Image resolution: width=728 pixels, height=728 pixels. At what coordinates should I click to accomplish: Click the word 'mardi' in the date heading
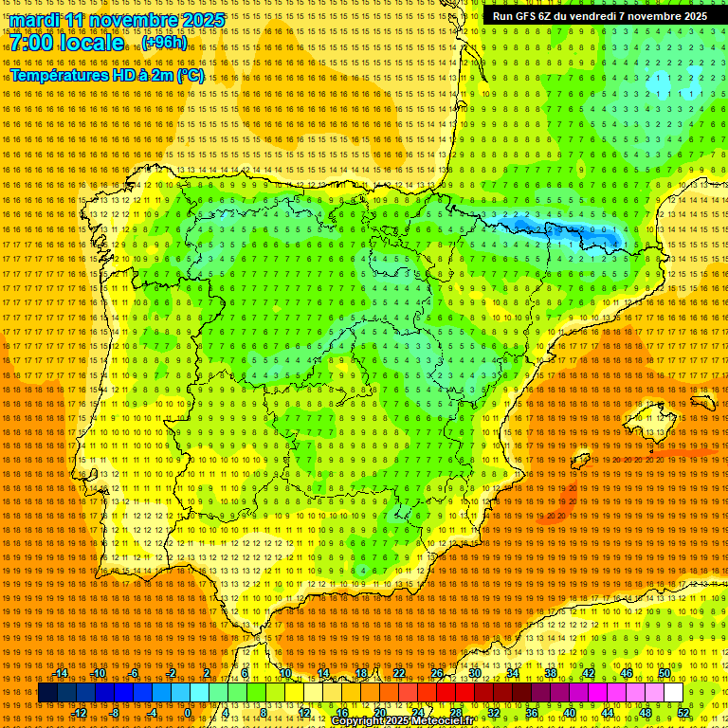pos(34,20)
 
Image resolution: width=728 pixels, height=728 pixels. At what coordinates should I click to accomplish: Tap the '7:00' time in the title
pos(32,44)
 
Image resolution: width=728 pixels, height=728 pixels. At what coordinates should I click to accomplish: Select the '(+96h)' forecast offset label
pos(164,43)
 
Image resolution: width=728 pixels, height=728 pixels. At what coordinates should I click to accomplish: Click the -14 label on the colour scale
pos(61,673)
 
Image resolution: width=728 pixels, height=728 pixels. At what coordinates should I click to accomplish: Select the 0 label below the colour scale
pos(188,713)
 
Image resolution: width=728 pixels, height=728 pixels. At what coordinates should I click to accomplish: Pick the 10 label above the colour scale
pos(284,673)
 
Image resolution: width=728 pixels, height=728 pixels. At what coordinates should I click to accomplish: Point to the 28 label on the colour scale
pos(455,713)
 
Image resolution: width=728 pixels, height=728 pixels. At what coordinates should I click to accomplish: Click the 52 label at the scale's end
pos(683,713)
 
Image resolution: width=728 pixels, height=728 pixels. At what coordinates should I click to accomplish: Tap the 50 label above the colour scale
pos(664,673)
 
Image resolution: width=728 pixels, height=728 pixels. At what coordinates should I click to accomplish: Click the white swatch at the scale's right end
pos(674,693)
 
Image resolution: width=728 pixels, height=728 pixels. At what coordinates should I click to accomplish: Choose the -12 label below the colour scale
pos(80,713)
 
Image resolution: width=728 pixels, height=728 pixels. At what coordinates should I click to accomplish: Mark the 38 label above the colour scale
pos(550,673)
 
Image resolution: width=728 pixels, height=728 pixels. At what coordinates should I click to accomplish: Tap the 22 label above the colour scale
pos(398,673)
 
